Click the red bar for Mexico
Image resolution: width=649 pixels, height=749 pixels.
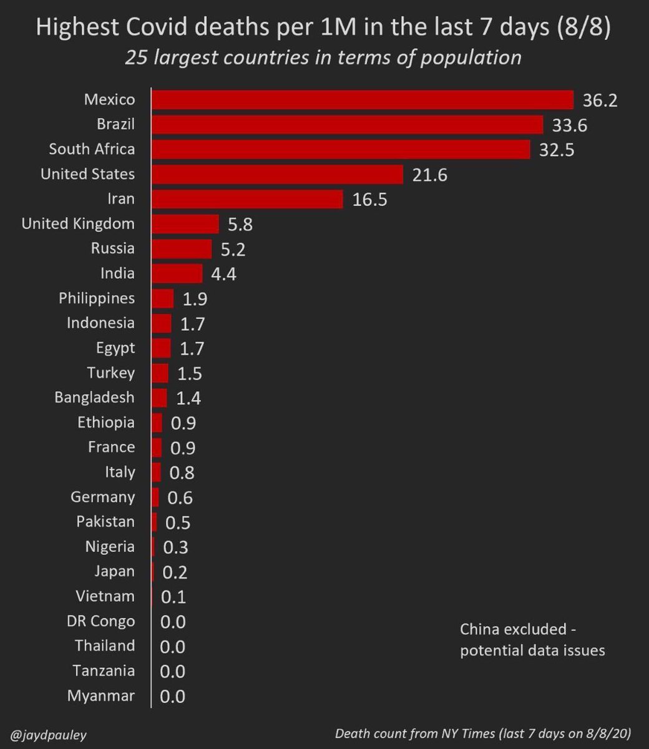pos(362,100)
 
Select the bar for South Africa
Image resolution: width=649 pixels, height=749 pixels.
pos(341,149)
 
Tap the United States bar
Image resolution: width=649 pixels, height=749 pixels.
pos(277,174)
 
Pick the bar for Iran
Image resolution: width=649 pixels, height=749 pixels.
pos(247,199)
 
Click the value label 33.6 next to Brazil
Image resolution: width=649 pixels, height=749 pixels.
pos(569,125)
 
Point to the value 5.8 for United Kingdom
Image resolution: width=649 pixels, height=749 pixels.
pos(240,224)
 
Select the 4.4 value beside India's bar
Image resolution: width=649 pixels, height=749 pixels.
pos(223,274)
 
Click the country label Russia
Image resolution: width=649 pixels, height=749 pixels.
pos(112,248)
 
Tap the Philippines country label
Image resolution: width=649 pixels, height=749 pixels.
pos(97,298)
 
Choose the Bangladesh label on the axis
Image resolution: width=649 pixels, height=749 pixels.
pos(94,398)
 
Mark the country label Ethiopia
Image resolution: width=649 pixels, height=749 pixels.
pos(106,423)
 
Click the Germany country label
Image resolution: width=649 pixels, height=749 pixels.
pos(103,497)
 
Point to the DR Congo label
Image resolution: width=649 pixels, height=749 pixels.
pos(100,621)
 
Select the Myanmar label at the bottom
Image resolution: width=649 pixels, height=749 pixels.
pos(101,696)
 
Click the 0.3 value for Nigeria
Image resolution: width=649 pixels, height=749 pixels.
pos(175,547)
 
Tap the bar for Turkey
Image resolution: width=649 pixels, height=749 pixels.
pos(160,373)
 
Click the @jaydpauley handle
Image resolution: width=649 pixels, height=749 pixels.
pos(48,734)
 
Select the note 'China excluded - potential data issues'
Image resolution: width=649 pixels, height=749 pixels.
pos(532,640)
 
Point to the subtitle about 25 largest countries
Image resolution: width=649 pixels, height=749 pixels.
pos(323,57)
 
